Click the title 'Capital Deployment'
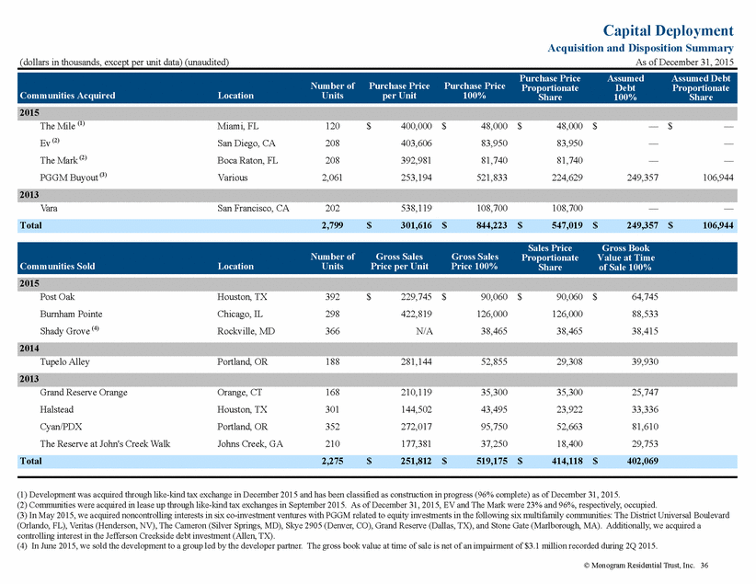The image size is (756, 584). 669,31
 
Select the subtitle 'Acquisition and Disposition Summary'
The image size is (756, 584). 641,48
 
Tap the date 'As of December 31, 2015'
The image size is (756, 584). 684,63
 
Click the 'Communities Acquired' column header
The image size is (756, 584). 67,96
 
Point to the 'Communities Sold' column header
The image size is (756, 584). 57,266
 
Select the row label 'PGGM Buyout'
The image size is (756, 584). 69,177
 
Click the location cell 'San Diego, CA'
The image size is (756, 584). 246,143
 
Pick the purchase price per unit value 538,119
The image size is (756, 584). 416,209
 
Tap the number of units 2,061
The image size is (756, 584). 332,177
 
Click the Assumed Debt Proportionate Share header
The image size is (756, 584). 701,87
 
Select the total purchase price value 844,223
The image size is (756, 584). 492,225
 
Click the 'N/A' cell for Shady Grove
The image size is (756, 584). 424,331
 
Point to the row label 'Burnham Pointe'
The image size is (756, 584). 71,314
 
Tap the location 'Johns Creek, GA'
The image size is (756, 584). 250,443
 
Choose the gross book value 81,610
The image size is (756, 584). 645,427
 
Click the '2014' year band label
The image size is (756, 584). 29,349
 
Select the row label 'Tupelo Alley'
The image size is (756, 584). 64,361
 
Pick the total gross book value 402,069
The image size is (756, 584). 643,461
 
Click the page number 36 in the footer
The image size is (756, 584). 704,566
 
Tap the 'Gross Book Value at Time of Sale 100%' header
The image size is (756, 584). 625,258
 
